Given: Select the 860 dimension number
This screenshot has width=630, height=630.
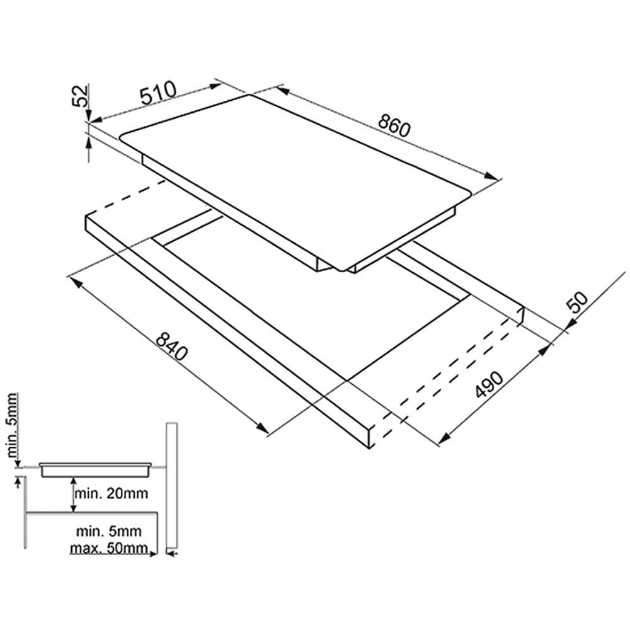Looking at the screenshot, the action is pyautogui.click(x=394, y=125).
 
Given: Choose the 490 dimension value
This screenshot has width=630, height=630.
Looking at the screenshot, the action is pyautogui.click(x=489, y=384).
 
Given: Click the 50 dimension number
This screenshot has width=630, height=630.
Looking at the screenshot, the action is pyautogui.click(x=577, y=302).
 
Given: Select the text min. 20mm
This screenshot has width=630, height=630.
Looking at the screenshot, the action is pyautogui.click(x=112, y=493).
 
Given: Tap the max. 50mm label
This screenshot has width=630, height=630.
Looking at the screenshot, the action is pyautogui.click(x=109, y=548).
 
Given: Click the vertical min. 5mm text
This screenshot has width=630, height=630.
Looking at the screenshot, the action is pyautogui.click(x=11, y=426).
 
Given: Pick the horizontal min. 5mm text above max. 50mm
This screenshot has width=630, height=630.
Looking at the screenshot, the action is pyautogui.click(x=109, y=531).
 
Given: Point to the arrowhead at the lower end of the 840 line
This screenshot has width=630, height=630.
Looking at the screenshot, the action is pyautogui.click(x=262, y=428).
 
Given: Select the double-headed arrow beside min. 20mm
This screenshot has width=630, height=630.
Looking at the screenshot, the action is pyautogui.click(x=73, y=495).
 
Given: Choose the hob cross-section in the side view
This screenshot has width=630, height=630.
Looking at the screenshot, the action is pyautogui.click(x=96, y=470).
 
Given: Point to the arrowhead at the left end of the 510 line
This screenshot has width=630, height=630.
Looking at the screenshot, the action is pyautogui.click(x=96, y=119).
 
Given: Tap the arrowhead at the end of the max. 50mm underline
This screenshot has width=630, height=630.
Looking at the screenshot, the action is pyautogui.click(x=152, y=554).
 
